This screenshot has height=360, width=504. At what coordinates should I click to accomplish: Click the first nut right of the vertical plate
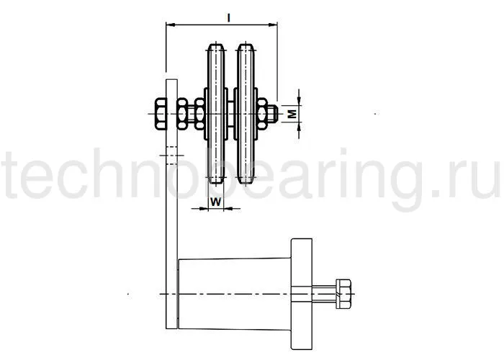tap(183, 113)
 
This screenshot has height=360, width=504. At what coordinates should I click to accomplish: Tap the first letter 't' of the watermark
tap(16, 176)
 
